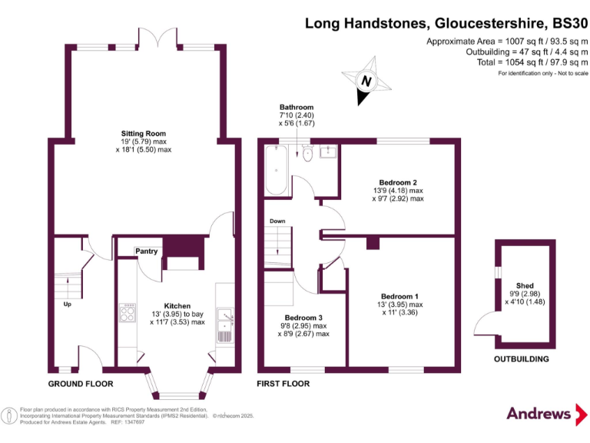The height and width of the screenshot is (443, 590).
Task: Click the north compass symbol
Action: (x=366, y=81)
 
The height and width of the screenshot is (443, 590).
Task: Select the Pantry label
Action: (x=146, y=251)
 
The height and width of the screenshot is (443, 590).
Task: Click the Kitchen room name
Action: (x=177, y=305)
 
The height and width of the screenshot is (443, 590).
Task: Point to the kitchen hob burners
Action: (x=127, y=313)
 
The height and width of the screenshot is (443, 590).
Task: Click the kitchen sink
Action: (x=225, y=315)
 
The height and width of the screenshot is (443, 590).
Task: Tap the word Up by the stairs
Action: (x=68, y=305)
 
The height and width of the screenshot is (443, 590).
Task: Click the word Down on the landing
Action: (x=277, y=221)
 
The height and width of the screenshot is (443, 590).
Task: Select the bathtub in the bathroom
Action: (x=276, y=172)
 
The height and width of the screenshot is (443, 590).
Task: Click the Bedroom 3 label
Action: (x=303, y=318)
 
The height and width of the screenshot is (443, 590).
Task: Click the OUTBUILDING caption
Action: (x=521, y=359)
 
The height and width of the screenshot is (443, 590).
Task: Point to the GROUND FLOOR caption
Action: (x=81, y=384)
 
